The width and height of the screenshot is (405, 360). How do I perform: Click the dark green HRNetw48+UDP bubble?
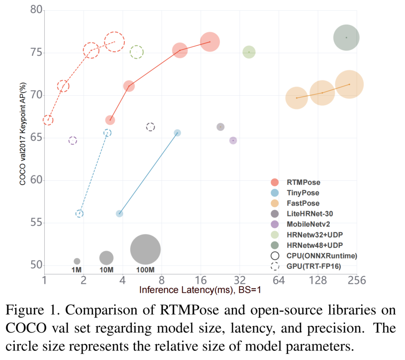[x=346, y=38]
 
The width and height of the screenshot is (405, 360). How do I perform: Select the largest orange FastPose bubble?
[x=349, y=84]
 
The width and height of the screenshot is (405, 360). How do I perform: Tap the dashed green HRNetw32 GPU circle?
[x=137, y=52]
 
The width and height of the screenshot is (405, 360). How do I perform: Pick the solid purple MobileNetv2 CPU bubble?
[x=233, y=140]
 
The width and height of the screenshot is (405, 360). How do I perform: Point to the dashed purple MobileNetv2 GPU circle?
[x=73, y=141]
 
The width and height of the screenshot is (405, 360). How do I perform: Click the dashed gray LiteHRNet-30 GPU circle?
[x=150, y=127]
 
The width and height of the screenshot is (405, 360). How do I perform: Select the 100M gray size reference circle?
[x=145, y=249]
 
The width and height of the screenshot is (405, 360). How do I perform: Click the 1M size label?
[x=76, y=270]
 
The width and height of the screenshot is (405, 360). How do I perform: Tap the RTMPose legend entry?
[x=303, y=182]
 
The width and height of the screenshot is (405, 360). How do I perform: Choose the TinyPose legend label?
[x=303, y=193]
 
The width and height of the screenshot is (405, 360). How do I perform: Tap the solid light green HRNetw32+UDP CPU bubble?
[x=249, y=52]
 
